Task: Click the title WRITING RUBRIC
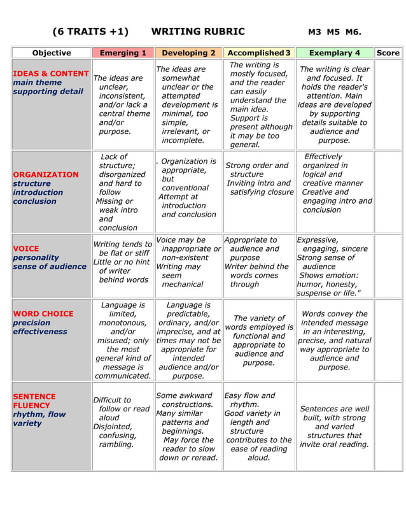(x=198, y=32)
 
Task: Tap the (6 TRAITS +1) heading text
(x=90, y=32)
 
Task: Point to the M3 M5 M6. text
(x=334, y=32)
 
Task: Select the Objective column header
(x=52, y=53)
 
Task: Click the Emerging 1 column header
(x=123, y=53)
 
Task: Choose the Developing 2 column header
(x=188, y=53)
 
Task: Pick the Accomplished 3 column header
(x=259, y=53)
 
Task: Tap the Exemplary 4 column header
(x=334, y=53)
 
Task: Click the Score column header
(x=388, y=53)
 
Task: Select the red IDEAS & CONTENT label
(x=50, y=73)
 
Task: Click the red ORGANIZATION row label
(x=46, y=174)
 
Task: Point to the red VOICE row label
(x=26, y=249)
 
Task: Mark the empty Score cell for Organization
(x=388, y=192)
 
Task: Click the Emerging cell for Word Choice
(x=123, y=340)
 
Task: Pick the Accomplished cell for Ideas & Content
(x=259, y=104)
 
